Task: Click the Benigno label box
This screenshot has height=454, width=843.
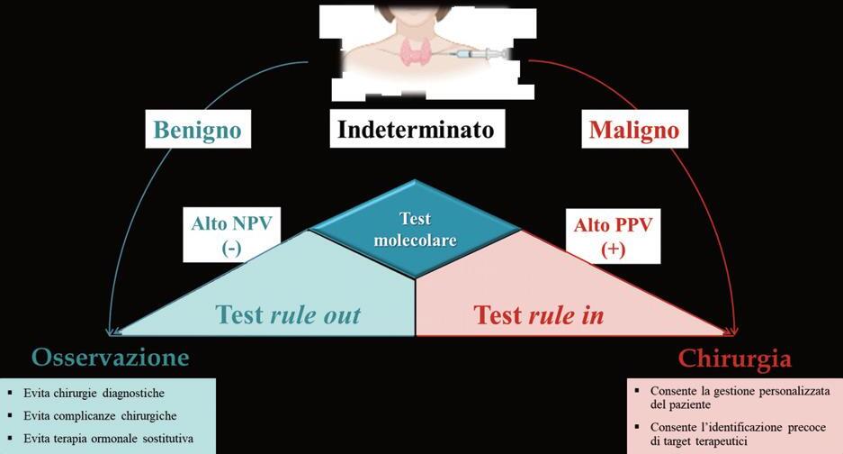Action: pos(198,130)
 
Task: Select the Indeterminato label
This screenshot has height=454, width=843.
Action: pos(416,130)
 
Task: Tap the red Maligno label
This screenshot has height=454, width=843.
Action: pos(633,130)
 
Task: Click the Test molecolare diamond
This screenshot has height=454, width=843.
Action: pos(415,230)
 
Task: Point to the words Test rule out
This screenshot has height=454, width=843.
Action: pos(288,314)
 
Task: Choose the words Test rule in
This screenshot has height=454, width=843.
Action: pos(538,314)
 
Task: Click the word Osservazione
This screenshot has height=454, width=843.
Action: pos(111,358)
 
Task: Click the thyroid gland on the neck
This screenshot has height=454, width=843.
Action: pos(413,52)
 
